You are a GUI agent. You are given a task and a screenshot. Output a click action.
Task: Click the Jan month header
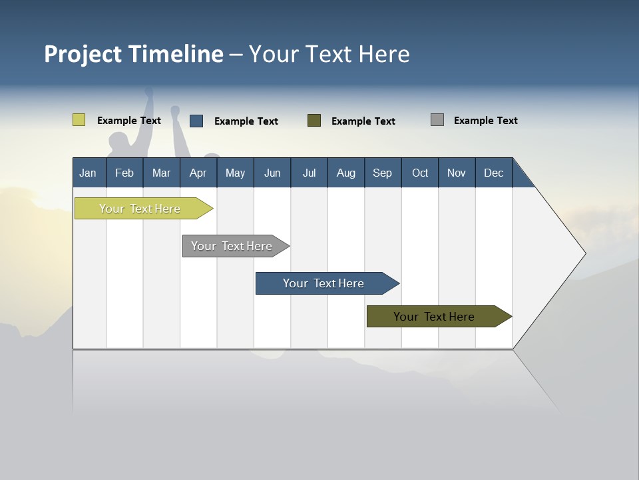pyautogui.click(x=88, y=173)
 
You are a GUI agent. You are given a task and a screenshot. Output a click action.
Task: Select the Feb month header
pyautogui.click(x=124, y=173)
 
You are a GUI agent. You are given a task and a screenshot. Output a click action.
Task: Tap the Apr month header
pyautogui.click(x=198, y=173)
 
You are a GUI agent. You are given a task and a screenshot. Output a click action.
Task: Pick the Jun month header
pyautogui.click(x=272, y=173)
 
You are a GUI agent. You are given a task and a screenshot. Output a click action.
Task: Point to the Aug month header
pyautogui.click(x=345, y=173)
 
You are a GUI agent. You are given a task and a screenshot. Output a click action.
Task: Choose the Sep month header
pyautogui.click(x=382, y=173)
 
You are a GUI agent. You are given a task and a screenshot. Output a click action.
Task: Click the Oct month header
pyautogui.click(x=420, y=173)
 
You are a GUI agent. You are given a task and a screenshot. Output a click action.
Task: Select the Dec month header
pyautogui.click(x=493, y=173)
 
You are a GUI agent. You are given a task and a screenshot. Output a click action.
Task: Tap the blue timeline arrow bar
pyautogui.click(x=324, y=283)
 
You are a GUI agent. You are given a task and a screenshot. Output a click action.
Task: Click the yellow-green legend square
pyautogui.click(x=79, y=120)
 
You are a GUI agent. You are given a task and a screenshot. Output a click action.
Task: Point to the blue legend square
pyautogui.click(x=196, y=121)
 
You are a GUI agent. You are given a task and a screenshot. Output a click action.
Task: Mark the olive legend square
pyautogui.click(x=314, y=121)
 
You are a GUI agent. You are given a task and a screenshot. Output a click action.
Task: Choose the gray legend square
pyautogui.click(x=437, y=120)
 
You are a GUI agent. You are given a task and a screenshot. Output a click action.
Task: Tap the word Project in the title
pyautogui.click(x=83, y=54)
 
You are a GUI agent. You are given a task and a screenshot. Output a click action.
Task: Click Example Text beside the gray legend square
pyautogui.click(x=485, y=121)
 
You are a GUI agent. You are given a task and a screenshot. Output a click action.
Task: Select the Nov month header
pyautogui.click(x=456, y=173)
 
